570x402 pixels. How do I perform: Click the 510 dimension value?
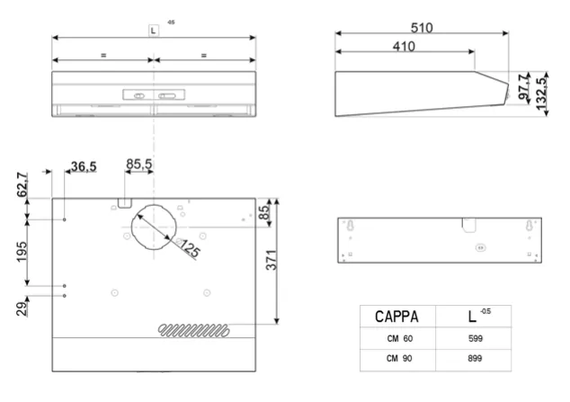click(x=422, y=28)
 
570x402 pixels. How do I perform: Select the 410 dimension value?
click(x=404, y=47)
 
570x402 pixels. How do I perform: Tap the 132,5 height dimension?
click(x=541, y=94)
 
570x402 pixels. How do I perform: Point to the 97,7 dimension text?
click(x=523, y=86)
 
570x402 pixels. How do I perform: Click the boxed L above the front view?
click(x=153, y=31)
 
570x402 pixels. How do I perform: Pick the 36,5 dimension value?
click(x=84, y=166)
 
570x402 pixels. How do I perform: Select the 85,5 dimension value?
click(x=138, y=164)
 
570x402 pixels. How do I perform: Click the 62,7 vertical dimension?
click(x=22, y=184)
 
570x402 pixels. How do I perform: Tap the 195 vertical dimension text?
click(x=22, y=252)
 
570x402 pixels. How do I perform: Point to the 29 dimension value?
click(x=22, y=309)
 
